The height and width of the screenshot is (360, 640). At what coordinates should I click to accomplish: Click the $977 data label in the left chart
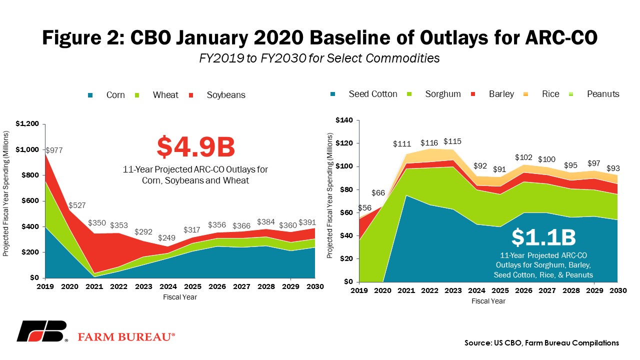click(54, 150)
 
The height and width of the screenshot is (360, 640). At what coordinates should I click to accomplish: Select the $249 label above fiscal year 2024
click(166, 237)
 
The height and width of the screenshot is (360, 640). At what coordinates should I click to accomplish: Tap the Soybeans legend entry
click(217, 95)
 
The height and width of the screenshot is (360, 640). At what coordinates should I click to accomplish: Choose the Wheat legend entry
click(156, 95)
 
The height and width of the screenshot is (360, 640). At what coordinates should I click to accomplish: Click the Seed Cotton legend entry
click(363, 94)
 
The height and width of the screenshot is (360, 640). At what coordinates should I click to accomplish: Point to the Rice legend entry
click(541, 94)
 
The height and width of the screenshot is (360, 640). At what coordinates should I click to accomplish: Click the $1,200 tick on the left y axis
click(27, 123)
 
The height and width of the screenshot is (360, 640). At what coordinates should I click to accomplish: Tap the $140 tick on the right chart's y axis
click(344, 120)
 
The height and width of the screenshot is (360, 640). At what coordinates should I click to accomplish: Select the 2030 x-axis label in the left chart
click(315, 286)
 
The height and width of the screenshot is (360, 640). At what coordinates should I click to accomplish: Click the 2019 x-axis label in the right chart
click(359, 290)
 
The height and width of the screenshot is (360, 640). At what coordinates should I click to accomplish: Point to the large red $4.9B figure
click(195, 147)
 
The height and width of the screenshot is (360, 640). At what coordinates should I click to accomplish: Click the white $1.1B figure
click(543, 237)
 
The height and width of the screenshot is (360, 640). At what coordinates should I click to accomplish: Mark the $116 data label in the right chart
click(429, 143)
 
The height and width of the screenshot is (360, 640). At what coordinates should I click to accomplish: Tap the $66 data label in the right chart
click(378, 193)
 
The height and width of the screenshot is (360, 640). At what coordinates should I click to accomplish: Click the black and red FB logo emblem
click(41, 331)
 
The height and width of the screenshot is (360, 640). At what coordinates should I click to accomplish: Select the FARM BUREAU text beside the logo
click(126, 337)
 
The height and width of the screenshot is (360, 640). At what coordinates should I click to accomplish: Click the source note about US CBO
click(541, 343)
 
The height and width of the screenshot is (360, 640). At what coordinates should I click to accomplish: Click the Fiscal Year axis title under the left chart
click(180, 297)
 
